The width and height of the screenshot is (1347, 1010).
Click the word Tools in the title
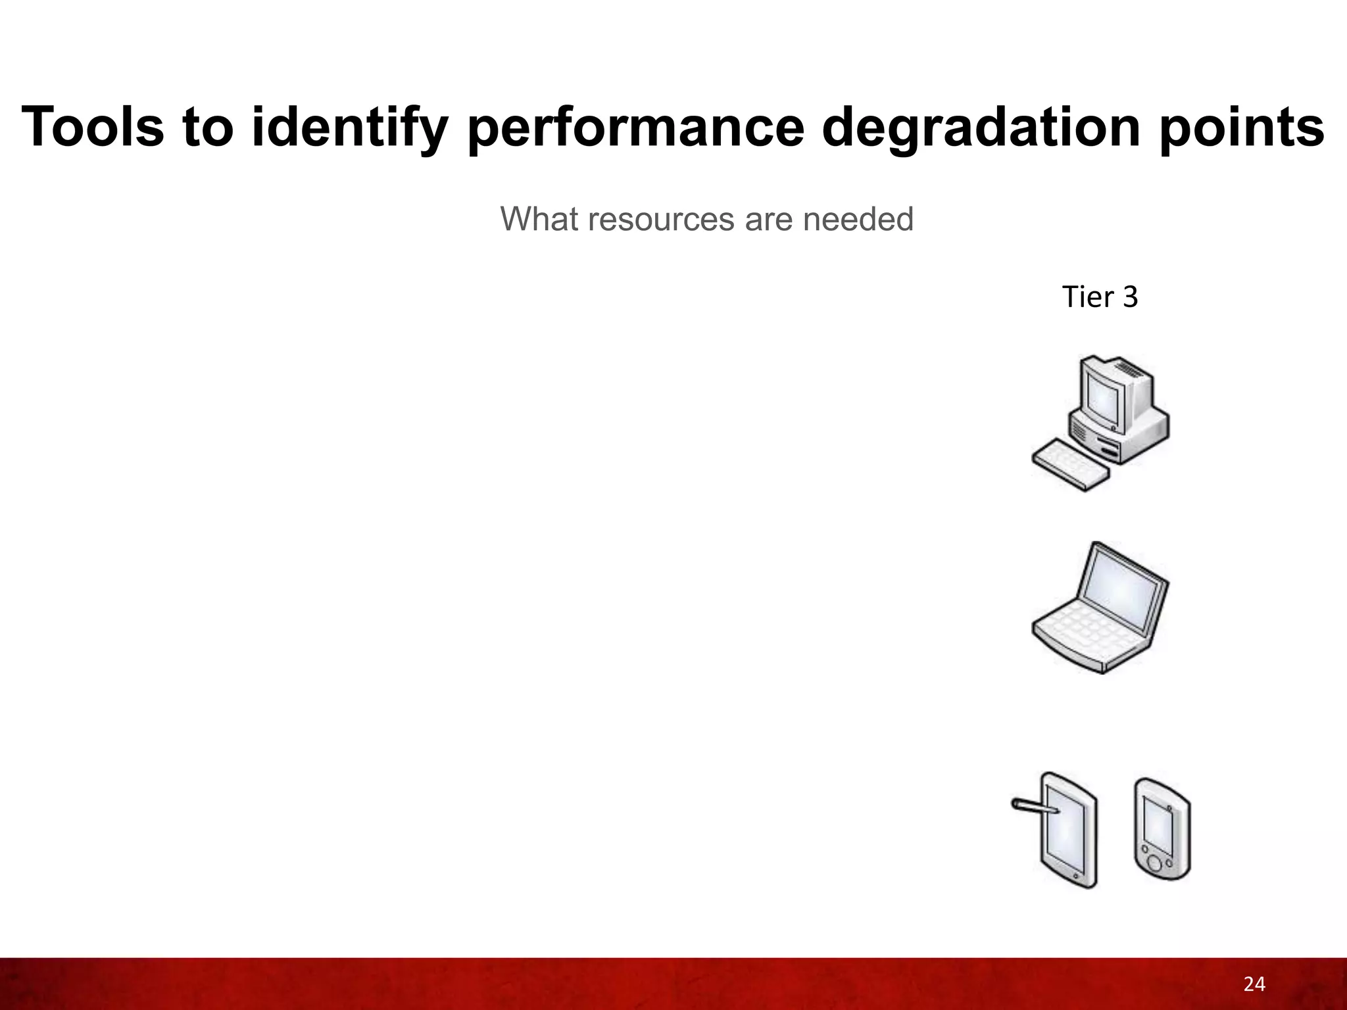[93, 127]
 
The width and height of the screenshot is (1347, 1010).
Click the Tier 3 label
[1100, 297]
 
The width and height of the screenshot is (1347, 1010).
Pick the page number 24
[1254, 984]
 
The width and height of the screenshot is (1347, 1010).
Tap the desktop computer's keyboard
[1069, 465]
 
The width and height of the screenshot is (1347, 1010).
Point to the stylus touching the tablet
[1033, 807]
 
